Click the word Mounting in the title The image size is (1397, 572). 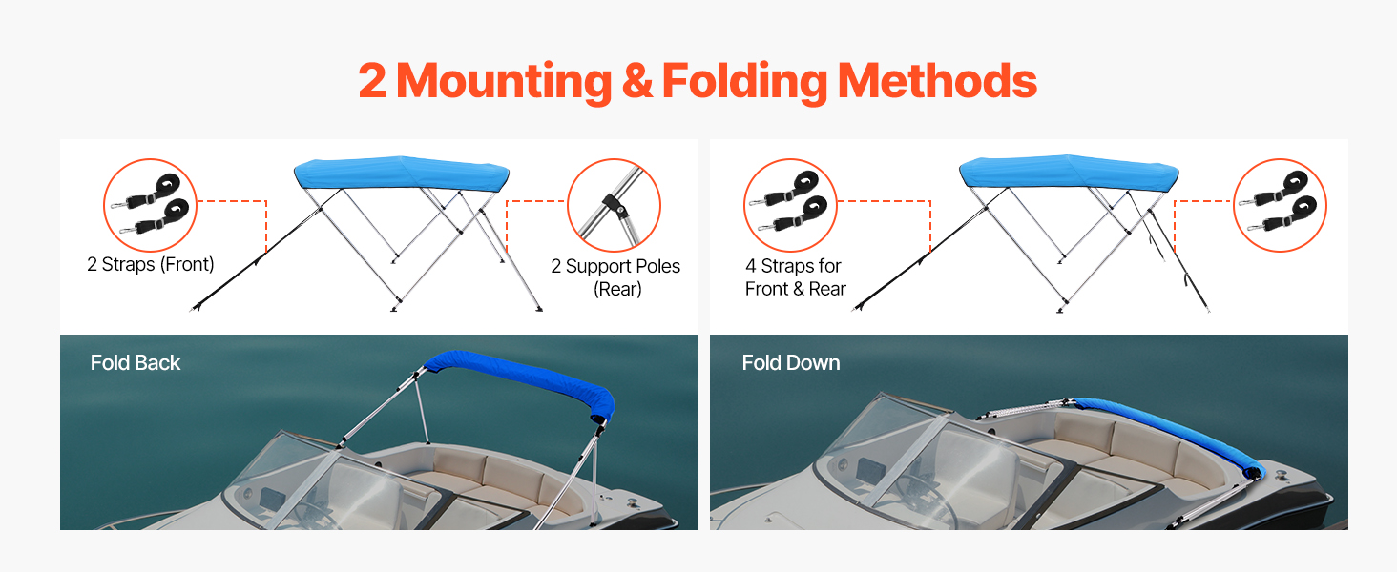click(503, 81)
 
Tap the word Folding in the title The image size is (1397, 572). click(743, 81)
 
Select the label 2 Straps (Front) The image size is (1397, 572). click(151, 264)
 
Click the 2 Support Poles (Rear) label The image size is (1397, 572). click(615, 276)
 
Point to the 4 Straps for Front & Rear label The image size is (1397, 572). click(795, 276)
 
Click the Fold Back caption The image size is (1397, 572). click(136, 362)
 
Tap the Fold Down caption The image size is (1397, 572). click(791, 362)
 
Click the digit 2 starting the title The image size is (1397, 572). click(373, 81)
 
